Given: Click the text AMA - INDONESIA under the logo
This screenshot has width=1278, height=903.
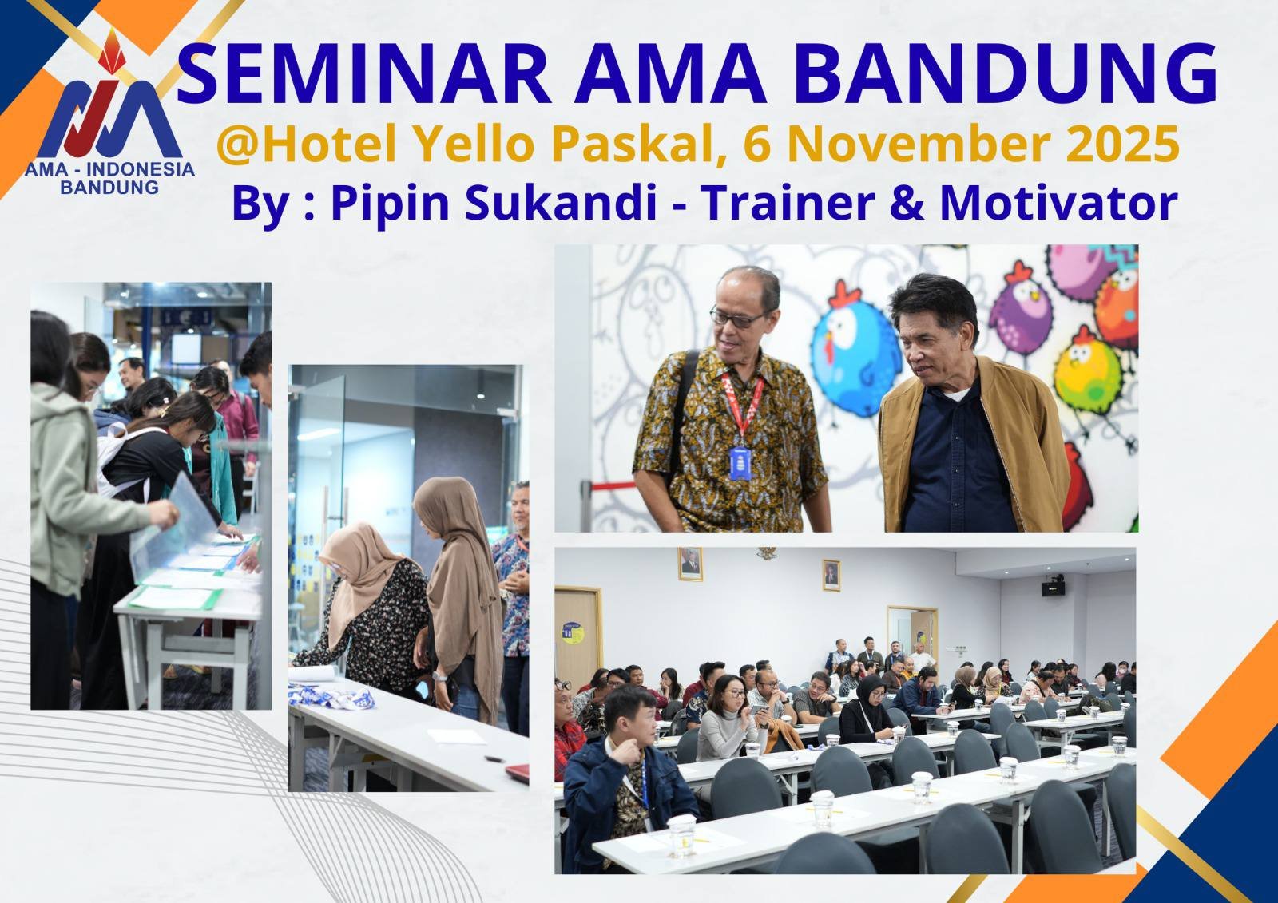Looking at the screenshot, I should coord(110,170).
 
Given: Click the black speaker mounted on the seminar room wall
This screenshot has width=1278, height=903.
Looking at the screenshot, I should coord(1052,588).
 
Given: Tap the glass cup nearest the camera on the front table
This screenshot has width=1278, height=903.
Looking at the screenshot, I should coord(681,834).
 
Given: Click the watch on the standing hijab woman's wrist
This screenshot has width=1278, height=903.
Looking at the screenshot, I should coord(440,677).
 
